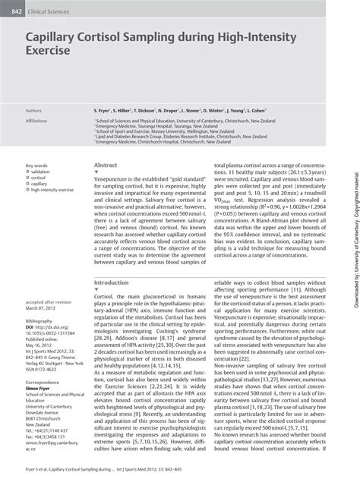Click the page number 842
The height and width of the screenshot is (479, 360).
[11, 6]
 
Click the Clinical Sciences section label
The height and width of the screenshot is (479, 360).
[49, 6]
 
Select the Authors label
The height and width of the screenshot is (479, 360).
[35, 109]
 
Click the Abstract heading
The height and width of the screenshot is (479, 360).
[106, 164]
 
